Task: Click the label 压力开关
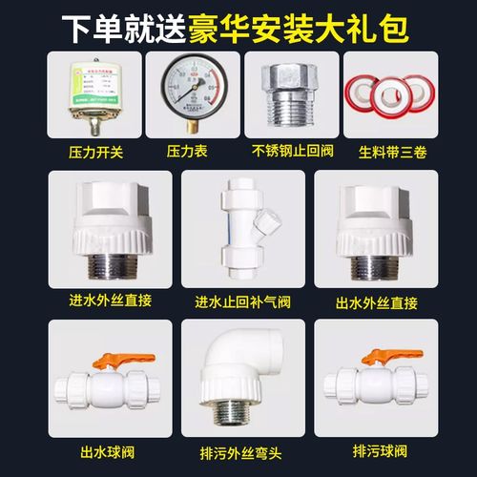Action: [84, 151]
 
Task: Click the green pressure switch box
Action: [83, 95]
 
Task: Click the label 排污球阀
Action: [385, 447]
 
